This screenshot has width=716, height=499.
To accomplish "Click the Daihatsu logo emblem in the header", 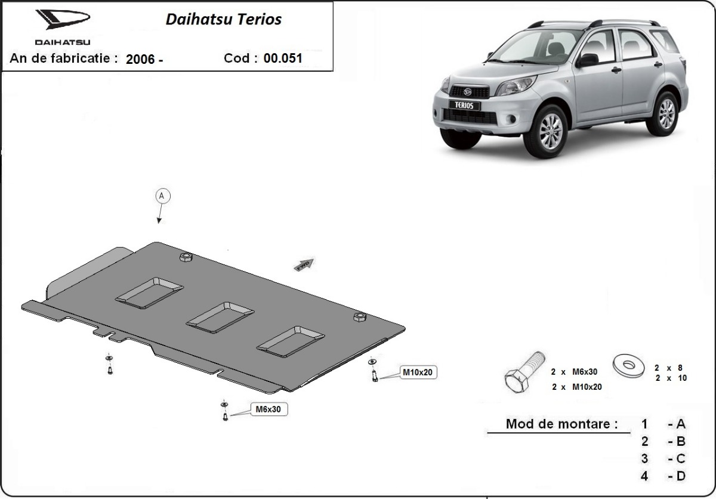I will [x=62, y=21].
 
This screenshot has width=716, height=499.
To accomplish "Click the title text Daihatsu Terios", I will [x=223, y=19].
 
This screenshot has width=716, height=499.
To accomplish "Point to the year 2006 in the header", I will [x=141, y=59].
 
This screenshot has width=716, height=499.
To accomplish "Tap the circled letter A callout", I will [x=163, y=196].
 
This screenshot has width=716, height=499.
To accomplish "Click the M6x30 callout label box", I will [x=268, y=409].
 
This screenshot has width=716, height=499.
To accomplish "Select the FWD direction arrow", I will [x=304, y=264].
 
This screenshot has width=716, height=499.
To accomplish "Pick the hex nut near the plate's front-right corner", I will [x=360, y=316].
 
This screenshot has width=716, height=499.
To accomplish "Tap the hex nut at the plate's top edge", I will [x=185, y=257].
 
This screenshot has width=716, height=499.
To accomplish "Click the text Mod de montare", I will [x=561, y=424].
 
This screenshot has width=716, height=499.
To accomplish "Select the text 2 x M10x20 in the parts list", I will [x=577, y=387].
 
